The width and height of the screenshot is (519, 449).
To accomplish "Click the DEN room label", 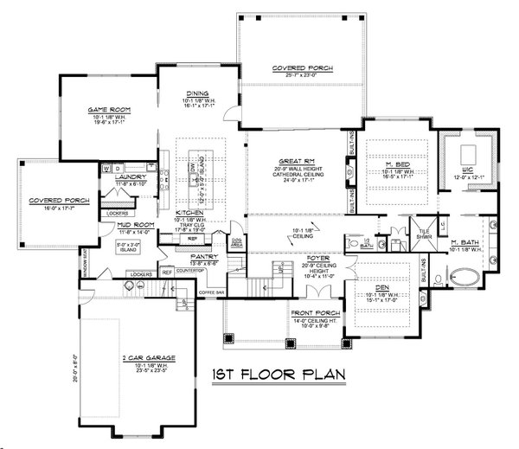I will (387, 291).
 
